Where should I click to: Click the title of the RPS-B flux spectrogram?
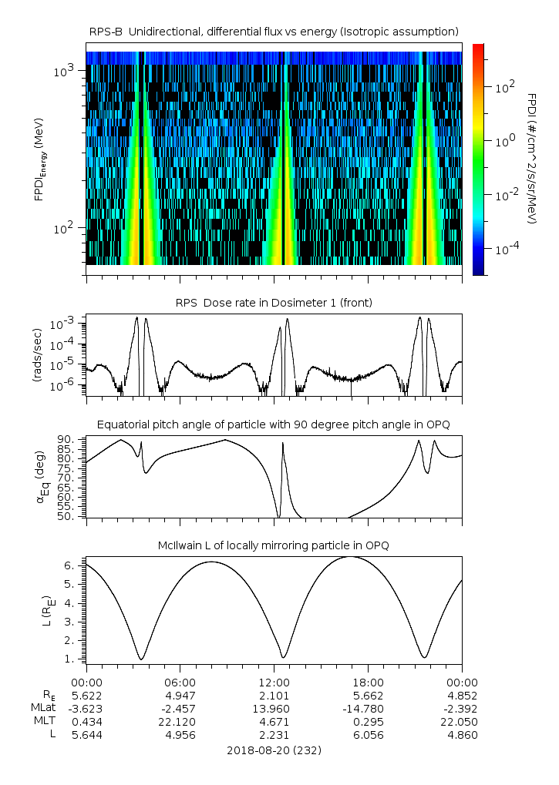(274, 31)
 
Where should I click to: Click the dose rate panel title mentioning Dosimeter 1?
(274, 303)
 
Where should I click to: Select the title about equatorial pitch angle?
(274, 424)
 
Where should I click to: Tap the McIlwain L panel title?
(274, 545)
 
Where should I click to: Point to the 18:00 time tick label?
(368, 682)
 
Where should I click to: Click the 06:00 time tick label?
(180, 682)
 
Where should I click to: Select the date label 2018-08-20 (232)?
(274, 750)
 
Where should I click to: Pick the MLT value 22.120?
(180, 721)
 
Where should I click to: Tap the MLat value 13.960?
(274, 708)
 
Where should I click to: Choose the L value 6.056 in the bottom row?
(368, 735)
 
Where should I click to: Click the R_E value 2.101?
(274, 695)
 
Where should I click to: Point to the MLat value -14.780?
(368, 708)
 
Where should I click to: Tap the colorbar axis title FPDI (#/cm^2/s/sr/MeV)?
(532, 158)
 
